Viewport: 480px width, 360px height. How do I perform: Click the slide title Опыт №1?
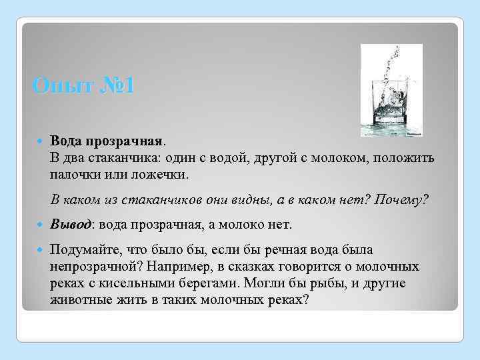[83, 87]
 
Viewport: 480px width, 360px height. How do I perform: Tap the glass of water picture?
[391, 91]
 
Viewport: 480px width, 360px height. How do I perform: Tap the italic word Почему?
[403, 200]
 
